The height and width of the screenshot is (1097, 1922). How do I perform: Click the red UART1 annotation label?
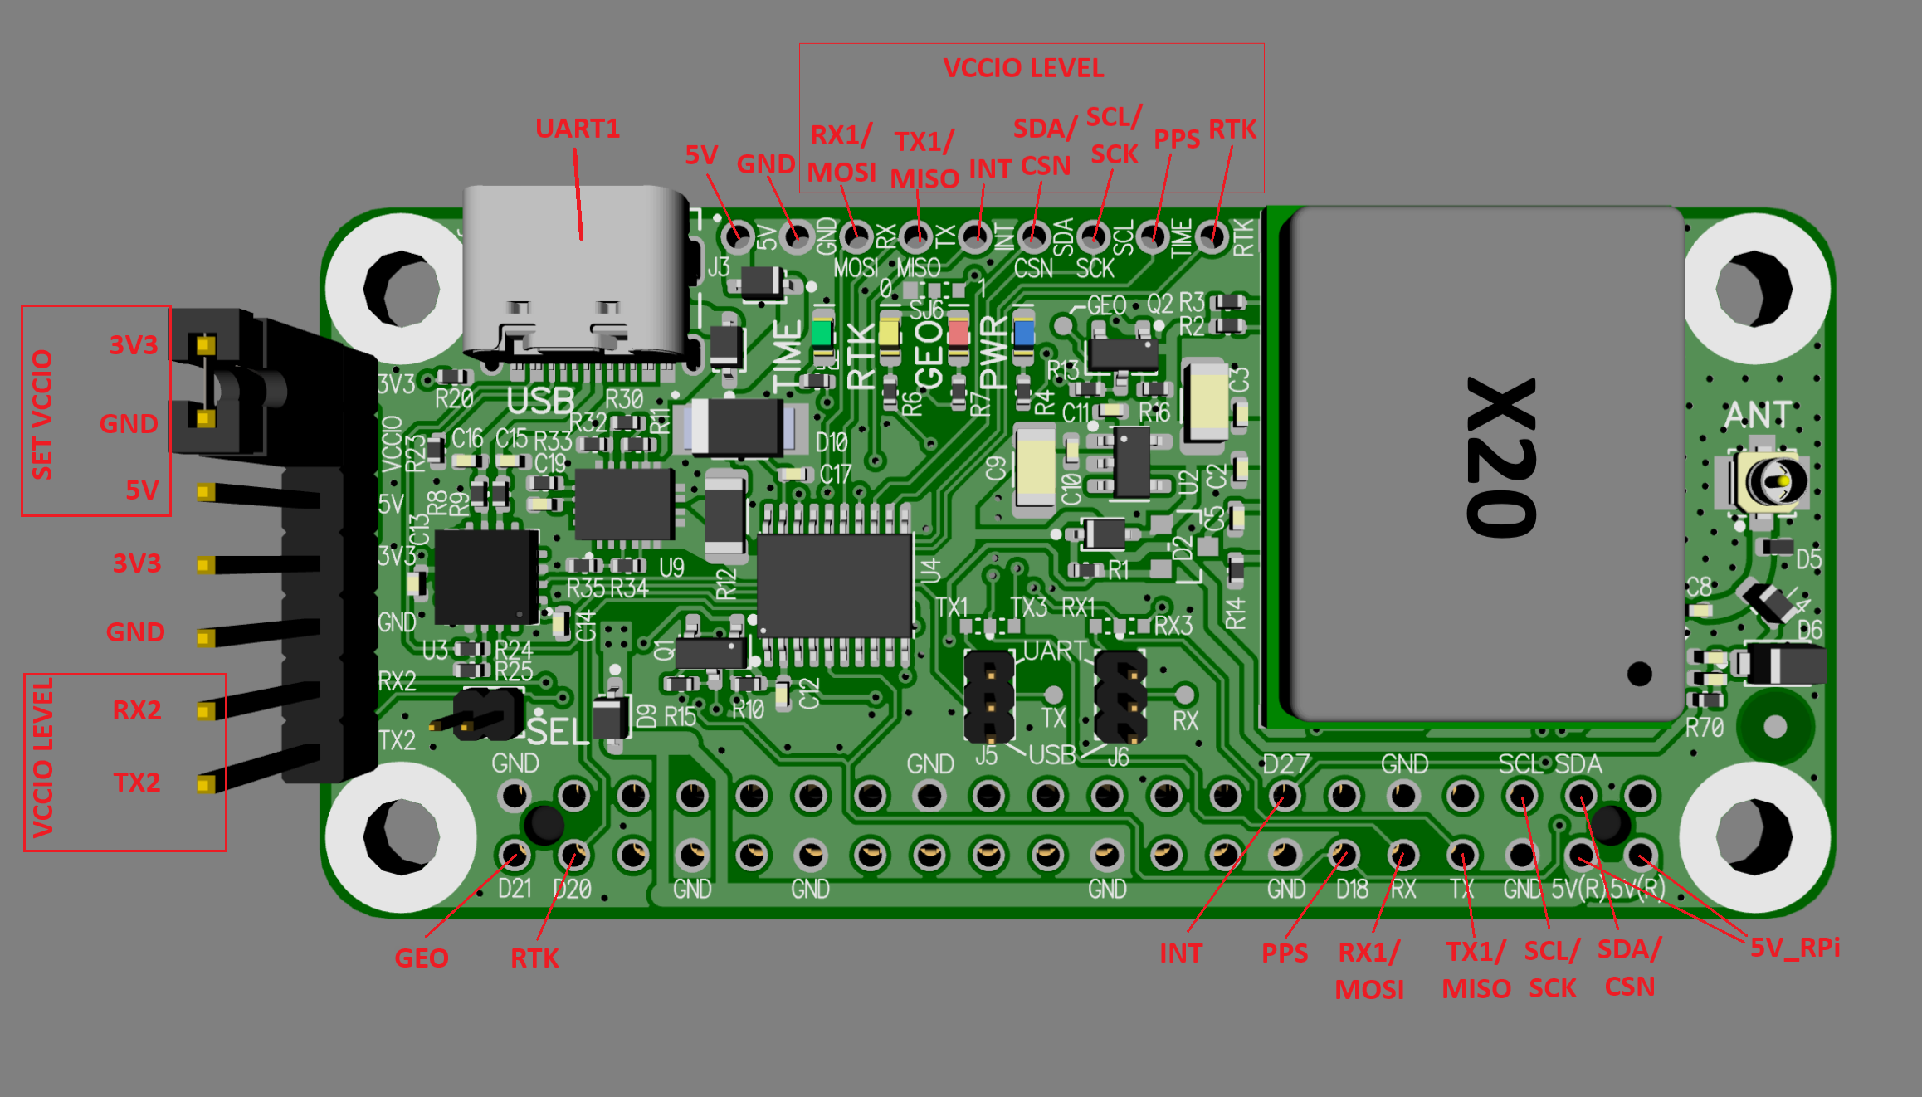578,129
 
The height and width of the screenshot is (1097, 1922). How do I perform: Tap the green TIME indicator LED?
822,333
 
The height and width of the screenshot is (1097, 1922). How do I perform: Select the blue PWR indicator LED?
1024,333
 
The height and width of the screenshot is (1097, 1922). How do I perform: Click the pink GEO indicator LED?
958,333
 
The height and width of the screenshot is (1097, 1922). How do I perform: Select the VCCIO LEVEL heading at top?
1023,68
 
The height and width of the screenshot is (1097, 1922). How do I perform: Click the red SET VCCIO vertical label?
42,414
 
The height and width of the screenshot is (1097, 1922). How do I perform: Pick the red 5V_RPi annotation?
1794,948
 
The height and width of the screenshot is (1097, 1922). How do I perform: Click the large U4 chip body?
835,585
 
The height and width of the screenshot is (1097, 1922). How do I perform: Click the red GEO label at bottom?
421,958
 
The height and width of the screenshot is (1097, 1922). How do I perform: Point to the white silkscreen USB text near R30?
540,402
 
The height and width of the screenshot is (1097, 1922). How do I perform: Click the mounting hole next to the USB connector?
402,288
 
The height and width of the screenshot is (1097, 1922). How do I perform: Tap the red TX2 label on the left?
137,783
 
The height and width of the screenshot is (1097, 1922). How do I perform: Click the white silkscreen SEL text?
558,732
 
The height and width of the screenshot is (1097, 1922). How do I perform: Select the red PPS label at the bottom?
1284,953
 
